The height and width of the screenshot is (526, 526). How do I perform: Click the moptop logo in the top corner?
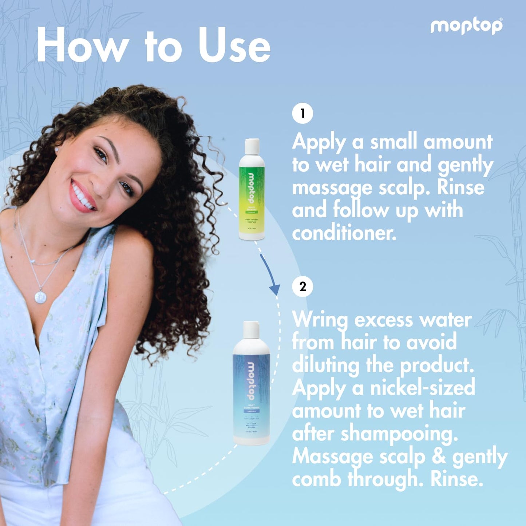[466, 26]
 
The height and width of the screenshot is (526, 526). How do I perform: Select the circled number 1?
[302, 114]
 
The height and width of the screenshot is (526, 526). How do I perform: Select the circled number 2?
[302, 286]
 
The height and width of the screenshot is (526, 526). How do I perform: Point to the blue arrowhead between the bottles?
[275, 289]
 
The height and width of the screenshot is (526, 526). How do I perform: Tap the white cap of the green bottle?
[252, 147]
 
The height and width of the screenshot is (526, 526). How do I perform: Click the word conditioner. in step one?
[344, 233]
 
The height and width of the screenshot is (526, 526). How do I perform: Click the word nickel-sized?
[422, 388]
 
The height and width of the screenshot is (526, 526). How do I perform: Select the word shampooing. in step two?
[399, 434]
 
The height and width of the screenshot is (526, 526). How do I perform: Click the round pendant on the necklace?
[40, 297]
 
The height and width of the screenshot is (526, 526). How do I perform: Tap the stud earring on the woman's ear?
[57, 149]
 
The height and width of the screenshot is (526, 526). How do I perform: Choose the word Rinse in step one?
[460, 187]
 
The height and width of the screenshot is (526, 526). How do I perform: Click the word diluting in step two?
[325, 365]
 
